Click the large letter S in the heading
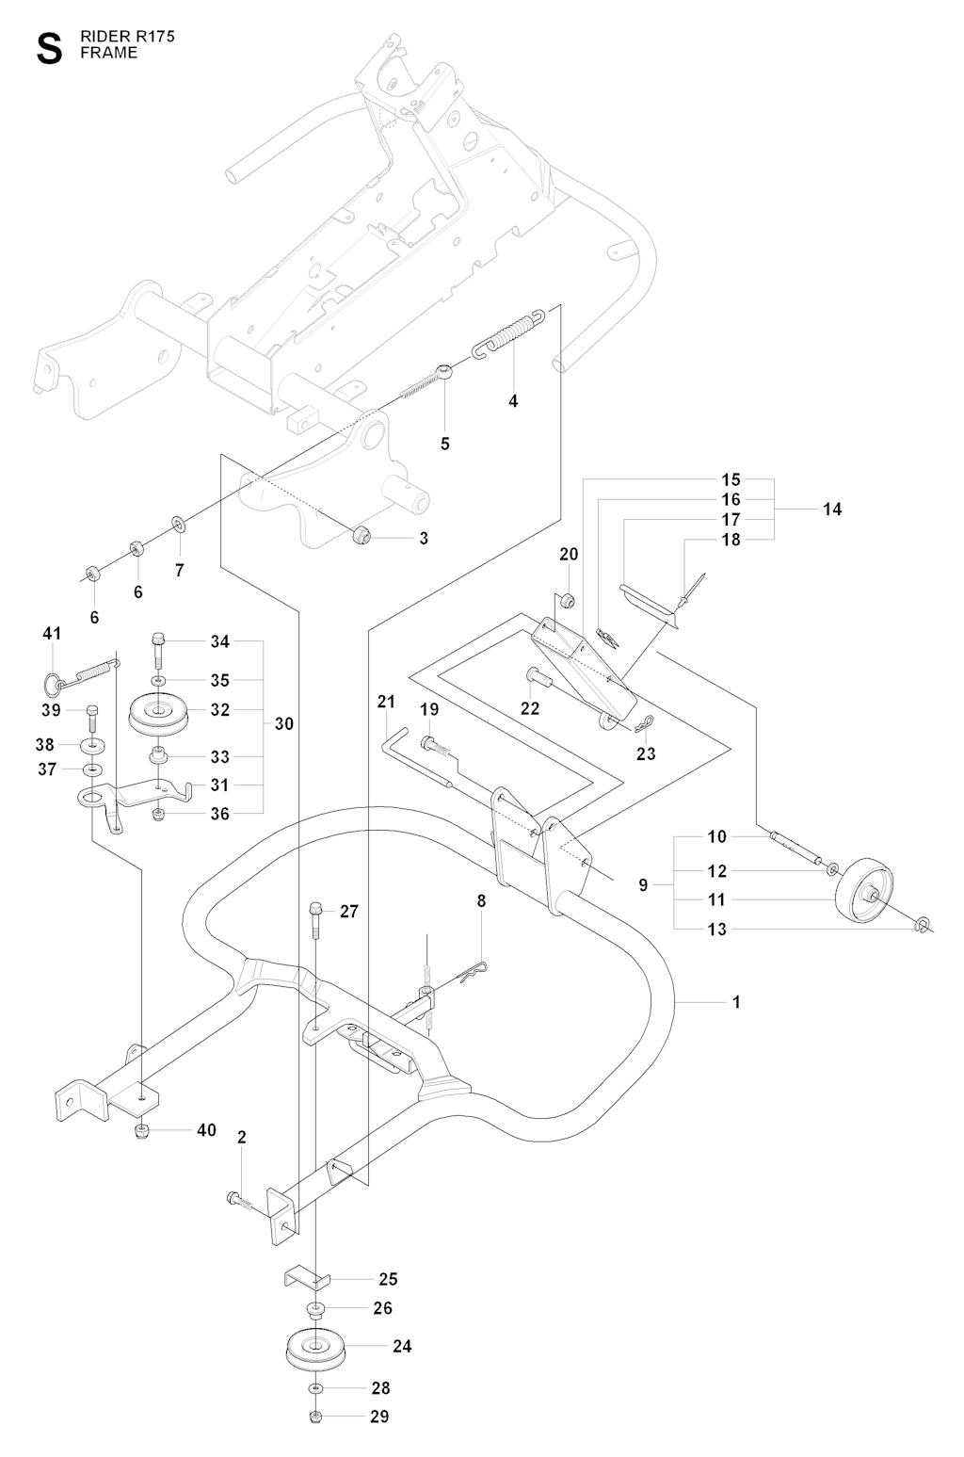pyautogui.click(x=49, y=49)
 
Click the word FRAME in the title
pyautogui.click(x=108, y=53)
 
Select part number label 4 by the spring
pyautogui.click(x=513, y=400)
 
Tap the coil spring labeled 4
pyautogui.click(x=509, y=333)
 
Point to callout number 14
pyautogui.click(x=832, y=510)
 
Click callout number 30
pyautogui.click(x=284, y=723)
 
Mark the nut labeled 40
pyautogui.click(x=142, y=1130)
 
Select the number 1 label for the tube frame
pyautogui.click(x=736, y=1002)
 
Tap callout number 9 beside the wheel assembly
pyautogui.click(x=643, y=884)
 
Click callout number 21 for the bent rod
pyautogui.click(x=386, y=702)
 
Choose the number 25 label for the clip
pyautogui.click(x=388, y=1279)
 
